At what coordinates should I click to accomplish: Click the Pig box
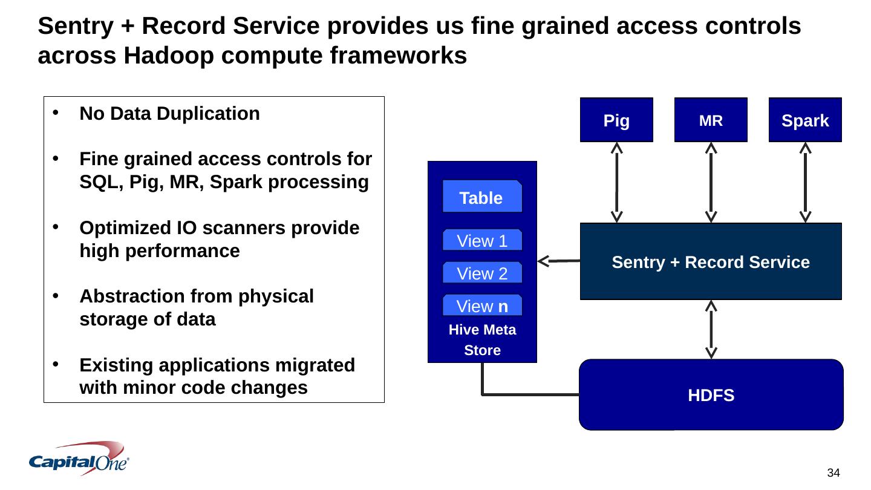coord(616,120)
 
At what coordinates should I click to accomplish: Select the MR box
coord(711,120)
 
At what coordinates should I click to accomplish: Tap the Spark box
coord(805,120)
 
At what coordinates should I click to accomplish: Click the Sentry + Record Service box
coord(711,262)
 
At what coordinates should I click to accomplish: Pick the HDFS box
coord(711,395)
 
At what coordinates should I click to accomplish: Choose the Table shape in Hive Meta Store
coord(481,197)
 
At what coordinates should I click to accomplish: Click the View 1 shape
coord(481,241)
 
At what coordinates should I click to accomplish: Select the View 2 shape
coord(481,273)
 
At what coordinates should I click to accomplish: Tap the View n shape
coord(481,306)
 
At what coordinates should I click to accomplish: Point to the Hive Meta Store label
coord(482,340)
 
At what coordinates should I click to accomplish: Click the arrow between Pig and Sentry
coord(616,182)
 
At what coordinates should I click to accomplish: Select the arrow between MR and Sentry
coord(711,182)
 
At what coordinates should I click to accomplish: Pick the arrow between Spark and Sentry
coord(805,182)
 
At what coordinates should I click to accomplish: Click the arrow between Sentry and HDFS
coord(711,330)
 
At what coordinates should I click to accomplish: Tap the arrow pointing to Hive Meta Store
coord(558,261)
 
